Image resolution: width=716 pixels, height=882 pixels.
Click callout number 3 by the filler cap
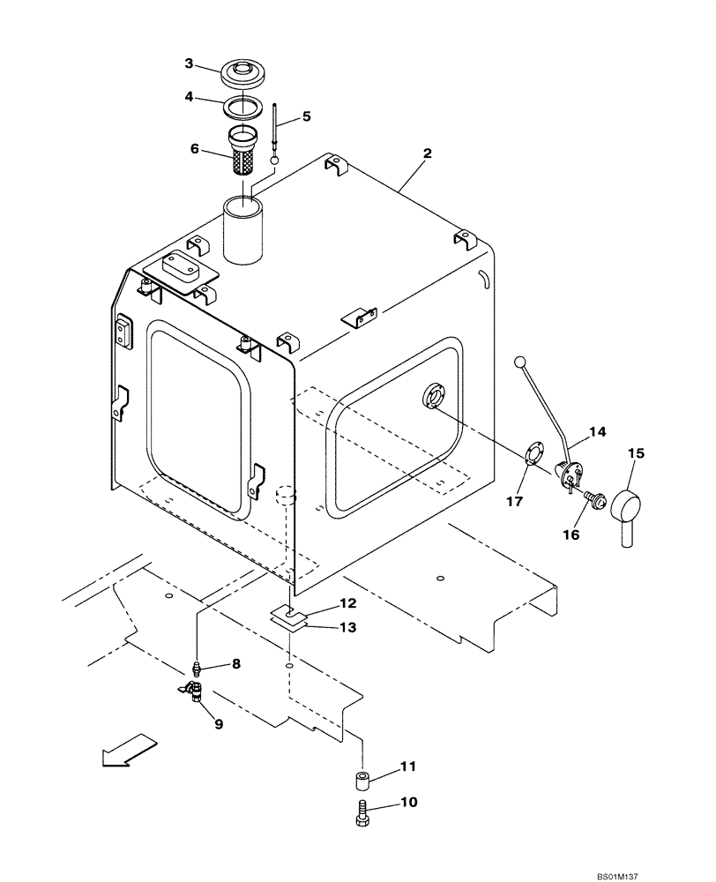click(x=189, y=63)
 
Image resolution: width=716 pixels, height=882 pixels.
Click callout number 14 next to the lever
click(x=597, y=433)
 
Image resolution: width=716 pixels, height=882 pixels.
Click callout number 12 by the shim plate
click(x=323, y=604)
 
